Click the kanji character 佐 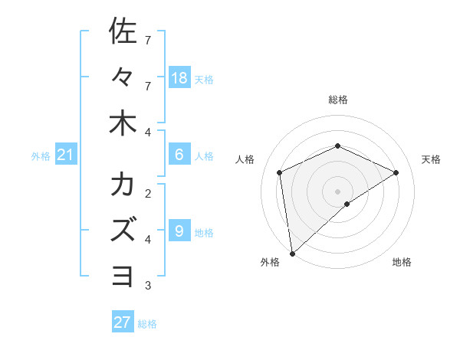(x=123, y=32)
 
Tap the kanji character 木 (x=123, y=123)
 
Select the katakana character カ (x=123, y=185)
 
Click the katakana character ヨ (x=123, y=274)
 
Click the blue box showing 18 (x=179, y=78)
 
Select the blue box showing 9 (x=179, y=231)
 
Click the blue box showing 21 (x=66, y=155)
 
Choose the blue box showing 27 (x=123, y=322)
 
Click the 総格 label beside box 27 (x=147, y=323)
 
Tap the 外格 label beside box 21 (x=41, y=156)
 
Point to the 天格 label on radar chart (x=431, y=159)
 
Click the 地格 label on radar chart (x=402, y=262)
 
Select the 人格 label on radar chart (x=245, y=159)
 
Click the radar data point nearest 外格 (x=292, y=253)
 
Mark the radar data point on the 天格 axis (x=396, y=172)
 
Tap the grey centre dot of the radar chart (x=337, y=191)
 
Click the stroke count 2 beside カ (x=148, y=194)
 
